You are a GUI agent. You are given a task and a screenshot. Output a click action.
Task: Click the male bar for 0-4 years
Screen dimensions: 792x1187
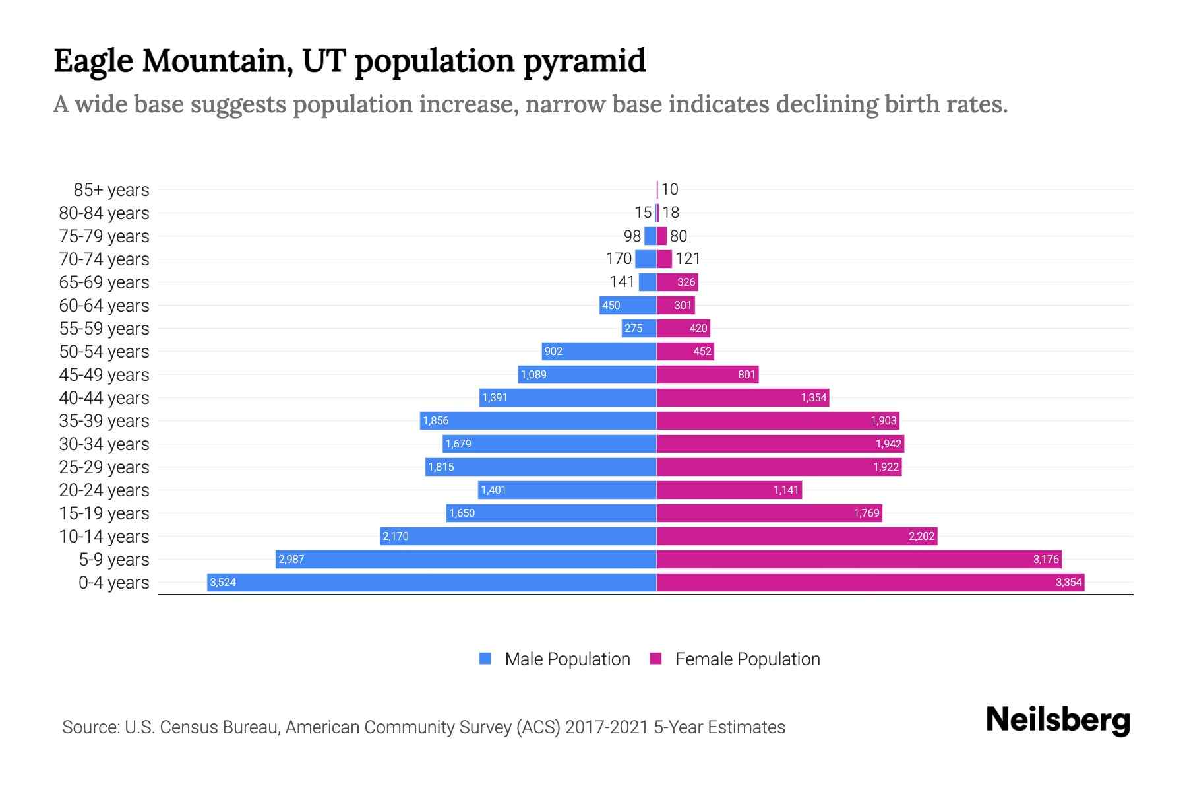coord(432,582)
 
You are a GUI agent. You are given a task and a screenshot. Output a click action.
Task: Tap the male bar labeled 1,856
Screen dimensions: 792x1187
coord(537,420)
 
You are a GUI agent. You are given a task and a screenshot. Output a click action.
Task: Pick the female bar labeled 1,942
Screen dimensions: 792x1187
coord(780,444)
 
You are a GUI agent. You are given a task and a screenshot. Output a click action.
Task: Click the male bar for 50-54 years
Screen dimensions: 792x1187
coord(599,351)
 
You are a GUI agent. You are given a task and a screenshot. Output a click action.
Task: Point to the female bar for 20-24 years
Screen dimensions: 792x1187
coord(729,490)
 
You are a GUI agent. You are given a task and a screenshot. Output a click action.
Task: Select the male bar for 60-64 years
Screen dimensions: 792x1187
coord(628,305)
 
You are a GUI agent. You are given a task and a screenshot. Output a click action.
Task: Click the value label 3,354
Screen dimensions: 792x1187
coord(1068,582)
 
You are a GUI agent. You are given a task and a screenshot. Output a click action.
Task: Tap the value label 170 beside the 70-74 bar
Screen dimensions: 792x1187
coord(619,259)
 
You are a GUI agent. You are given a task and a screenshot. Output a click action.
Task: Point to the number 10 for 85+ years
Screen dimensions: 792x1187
coord(669,189)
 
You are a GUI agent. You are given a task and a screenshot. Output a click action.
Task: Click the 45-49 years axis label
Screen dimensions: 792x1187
coord(104,374)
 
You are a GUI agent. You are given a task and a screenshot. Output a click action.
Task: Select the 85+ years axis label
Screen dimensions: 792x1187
coord(111,189)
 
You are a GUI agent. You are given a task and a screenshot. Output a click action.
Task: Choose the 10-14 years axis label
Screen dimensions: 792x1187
coord(104,536)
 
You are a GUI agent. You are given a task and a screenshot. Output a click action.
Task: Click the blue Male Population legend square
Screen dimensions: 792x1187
coord(485,659)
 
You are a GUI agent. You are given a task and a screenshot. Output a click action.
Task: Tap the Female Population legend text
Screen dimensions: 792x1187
coord(747,659)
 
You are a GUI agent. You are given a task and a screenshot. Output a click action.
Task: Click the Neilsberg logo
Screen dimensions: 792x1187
coord(1058,720)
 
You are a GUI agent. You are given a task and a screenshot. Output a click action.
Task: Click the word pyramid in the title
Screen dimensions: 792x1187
coord(584,61)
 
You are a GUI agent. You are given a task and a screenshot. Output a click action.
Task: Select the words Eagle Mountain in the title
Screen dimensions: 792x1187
coord(173,61)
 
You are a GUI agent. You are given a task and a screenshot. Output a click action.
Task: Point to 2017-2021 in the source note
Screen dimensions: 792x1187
coord(607,727)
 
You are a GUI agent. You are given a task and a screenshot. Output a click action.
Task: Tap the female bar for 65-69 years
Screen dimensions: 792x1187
coord(677,282)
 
